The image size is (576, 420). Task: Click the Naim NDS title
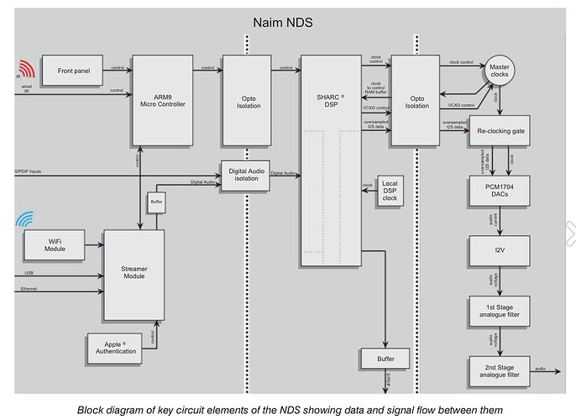(283, 23)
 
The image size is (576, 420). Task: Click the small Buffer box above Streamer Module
(157, 202)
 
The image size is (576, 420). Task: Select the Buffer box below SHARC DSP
(385, 360)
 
